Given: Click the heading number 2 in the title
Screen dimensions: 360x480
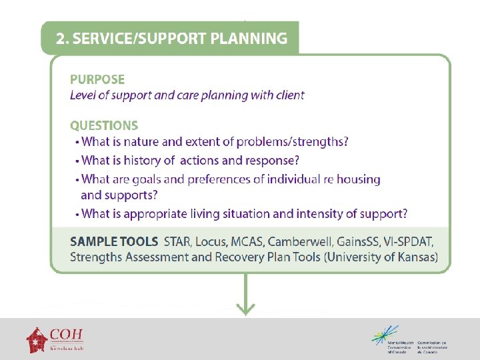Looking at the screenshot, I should [62, 39].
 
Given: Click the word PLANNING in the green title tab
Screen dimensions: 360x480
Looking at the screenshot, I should [249, 39].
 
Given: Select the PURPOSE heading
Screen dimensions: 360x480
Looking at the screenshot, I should [97, 80].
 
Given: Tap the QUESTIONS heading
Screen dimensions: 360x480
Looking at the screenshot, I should [104, 125].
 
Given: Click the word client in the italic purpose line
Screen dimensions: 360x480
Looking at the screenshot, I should [289, 95].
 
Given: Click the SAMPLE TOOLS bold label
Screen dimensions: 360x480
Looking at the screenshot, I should [114, 241].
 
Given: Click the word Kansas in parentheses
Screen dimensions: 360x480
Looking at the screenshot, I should [413, 257].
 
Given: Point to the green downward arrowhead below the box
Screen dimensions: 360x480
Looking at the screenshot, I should [246, 309].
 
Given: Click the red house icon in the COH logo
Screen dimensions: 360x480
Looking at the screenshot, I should [37, 339].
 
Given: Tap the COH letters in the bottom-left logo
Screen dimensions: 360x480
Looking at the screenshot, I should [66, 334].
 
